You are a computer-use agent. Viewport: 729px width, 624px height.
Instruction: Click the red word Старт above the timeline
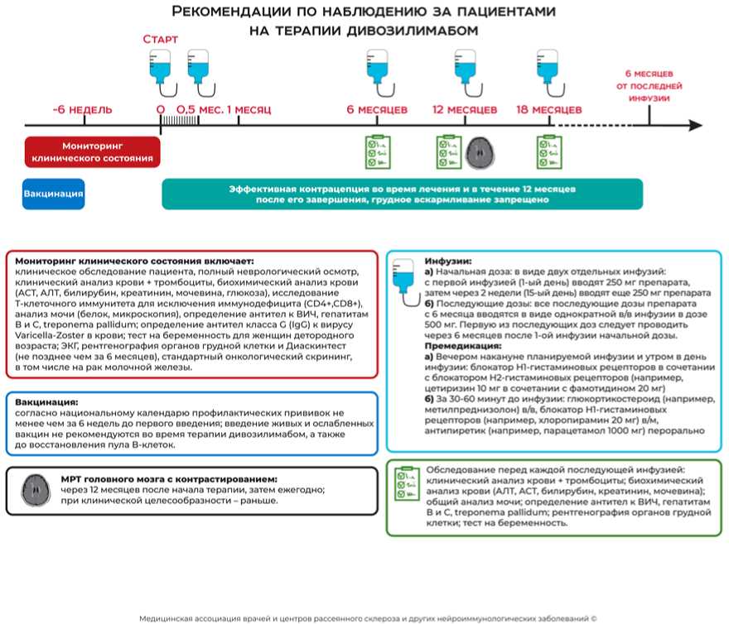160,40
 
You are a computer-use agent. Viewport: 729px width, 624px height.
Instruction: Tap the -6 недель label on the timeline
82,109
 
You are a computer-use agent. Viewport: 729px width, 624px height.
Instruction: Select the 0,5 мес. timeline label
198,109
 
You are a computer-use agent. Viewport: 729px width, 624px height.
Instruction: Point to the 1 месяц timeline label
249,109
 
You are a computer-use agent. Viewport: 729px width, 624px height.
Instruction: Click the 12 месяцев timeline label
465,109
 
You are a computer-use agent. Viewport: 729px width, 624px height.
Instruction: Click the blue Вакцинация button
54,194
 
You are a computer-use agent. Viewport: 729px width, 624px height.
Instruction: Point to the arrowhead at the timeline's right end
694,126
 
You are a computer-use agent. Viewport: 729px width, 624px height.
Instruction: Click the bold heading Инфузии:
447,259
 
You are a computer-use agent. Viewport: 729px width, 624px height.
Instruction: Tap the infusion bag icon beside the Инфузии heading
406,271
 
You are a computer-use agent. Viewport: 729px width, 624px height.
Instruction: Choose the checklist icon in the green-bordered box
405,485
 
